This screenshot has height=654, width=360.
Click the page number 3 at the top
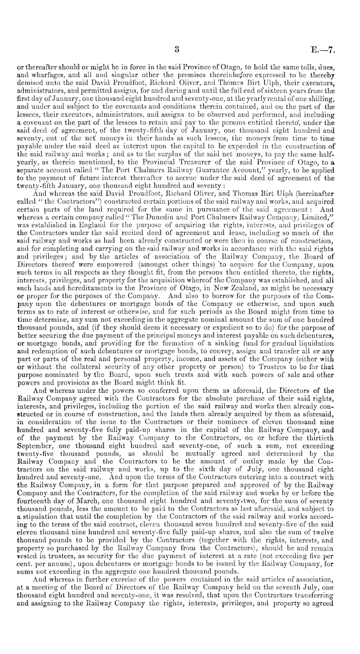(x=176, y=51)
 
